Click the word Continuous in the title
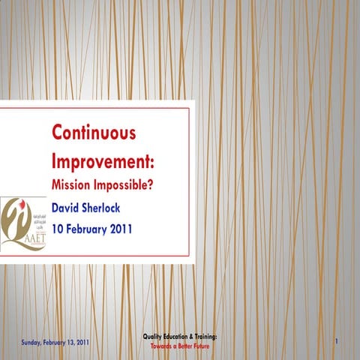pos(94,134)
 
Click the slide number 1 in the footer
pos(337,343)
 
